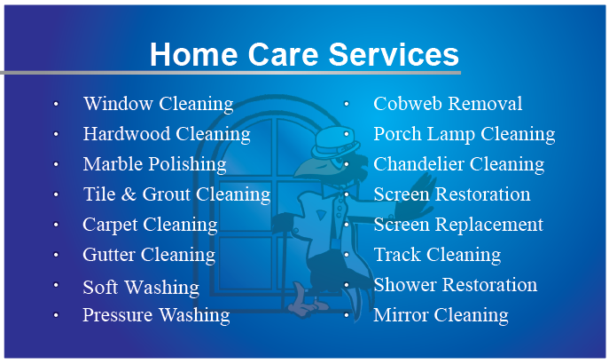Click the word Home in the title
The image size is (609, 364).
click(193, 54)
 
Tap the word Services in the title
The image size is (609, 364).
click(394, 54)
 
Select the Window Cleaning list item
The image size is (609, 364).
click(158, 104)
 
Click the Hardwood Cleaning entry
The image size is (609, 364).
click(167, 135)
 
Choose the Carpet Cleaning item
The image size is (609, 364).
click(150, 226)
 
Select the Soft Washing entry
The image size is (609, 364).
click(141, 288)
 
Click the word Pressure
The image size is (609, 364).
click(118, 314)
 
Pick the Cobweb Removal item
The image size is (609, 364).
click(448, 104)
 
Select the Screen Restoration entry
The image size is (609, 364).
click(452, 194)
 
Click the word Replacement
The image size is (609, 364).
click(488, 225)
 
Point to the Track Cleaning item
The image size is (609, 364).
click(437, 255)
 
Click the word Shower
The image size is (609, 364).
click(405, 285)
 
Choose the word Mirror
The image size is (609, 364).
click(400, 314)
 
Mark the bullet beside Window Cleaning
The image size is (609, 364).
click(56, 104)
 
